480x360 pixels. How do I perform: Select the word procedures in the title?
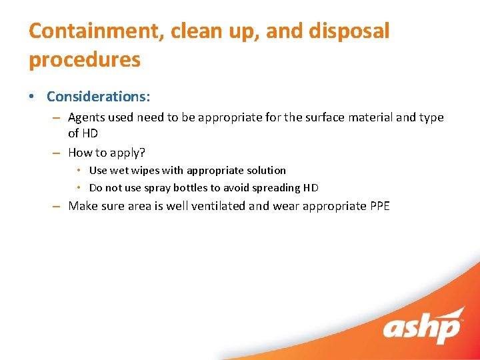85,60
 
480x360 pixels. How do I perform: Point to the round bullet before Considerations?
33,96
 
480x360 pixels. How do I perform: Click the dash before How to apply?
57,153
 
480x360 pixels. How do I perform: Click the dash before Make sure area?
57,206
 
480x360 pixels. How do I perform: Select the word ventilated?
218,206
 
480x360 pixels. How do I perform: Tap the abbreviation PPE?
379,206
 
